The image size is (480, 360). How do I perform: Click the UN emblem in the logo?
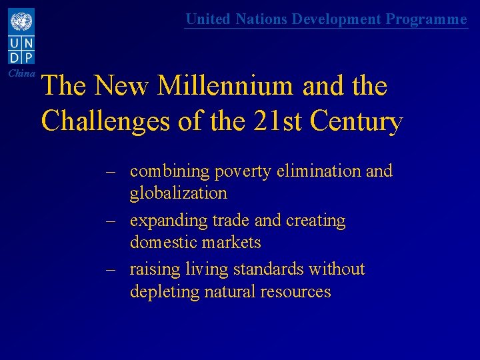tap(21, 22)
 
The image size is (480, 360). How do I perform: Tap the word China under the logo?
tap(21, 73)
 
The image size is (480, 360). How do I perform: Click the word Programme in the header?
tap(427, 19)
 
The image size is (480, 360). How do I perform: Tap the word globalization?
tap(179, 193)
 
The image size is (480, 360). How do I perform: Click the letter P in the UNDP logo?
tap(30, 57)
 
